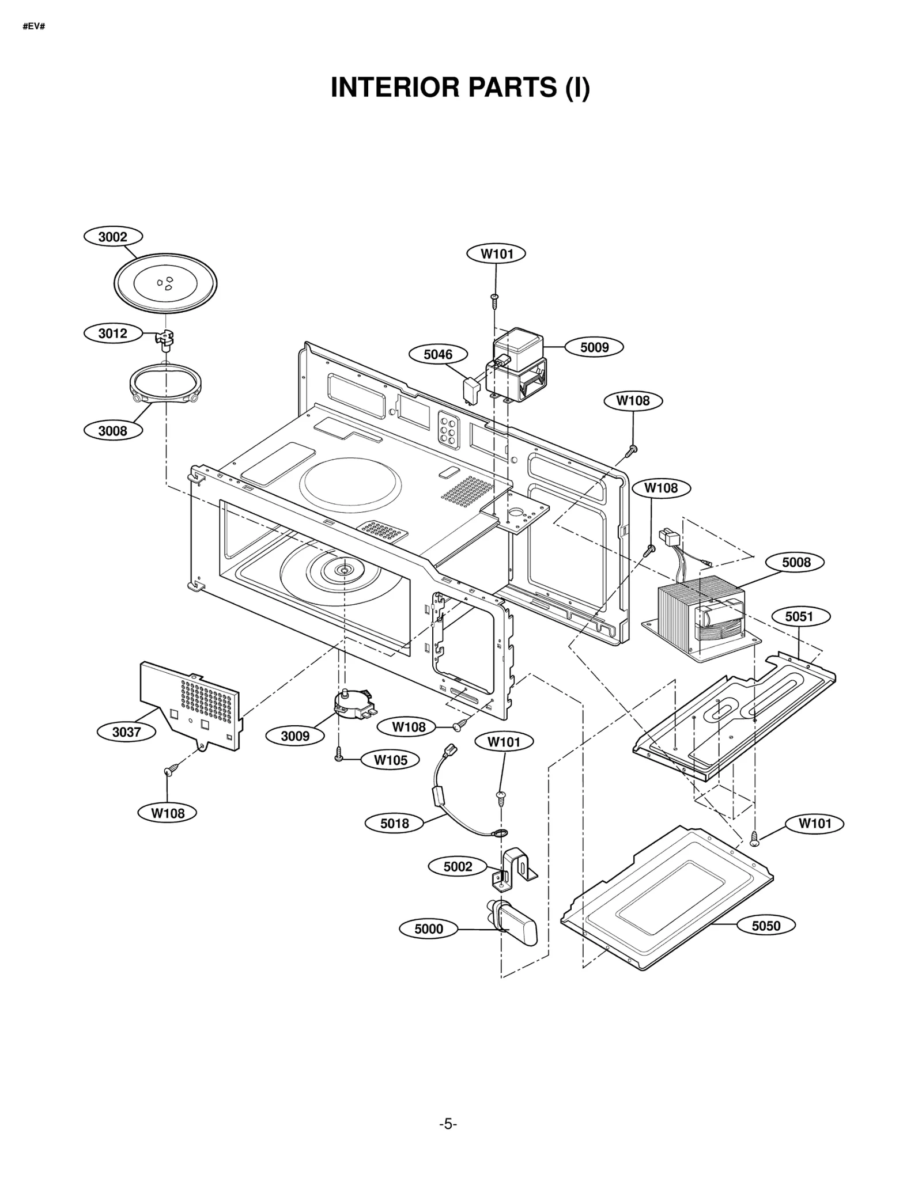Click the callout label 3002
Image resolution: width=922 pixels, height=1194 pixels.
(x=113, y=237)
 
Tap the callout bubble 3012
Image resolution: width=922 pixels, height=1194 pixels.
(x=113, y=333)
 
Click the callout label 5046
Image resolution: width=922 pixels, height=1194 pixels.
(x=438, y=354)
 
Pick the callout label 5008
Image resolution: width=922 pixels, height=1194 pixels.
(x=796, y=562)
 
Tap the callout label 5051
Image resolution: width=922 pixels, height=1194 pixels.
(x=799, y=617)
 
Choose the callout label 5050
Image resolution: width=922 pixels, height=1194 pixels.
(x=766, y=926)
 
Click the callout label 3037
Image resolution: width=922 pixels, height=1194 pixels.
(x=126, y=732)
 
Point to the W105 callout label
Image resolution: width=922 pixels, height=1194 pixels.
(x=390, y=760)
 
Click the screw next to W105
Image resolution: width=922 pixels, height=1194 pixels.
(x=339, y=754)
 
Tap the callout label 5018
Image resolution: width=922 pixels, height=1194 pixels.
(x=395, y=824)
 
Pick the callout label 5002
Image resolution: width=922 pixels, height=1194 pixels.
(x=458, y=867)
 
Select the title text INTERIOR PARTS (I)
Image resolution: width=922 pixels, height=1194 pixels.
(x=460, y=88)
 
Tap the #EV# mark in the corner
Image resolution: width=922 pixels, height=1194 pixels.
(x=34, y=26)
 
